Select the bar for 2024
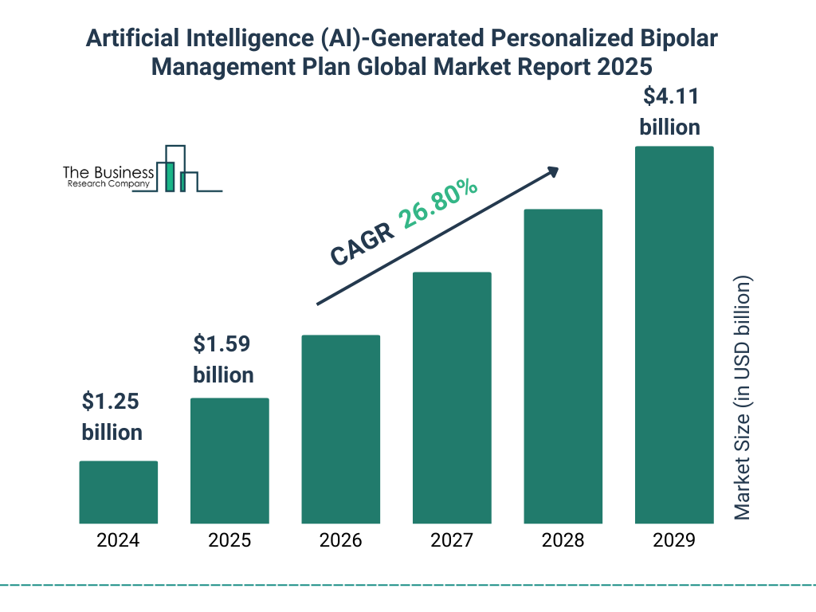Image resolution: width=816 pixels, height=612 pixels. pyautogui.click(x=118, y=492)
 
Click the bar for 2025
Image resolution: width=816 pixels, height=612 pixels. pyautogui.click(x=229, y=461)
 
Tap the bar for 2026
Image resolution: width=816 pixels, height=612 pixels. pyautogui.click(x=340, y=429)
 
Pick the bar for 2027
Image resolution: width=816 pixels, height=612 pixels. pyautogui.click(x=452, y=398)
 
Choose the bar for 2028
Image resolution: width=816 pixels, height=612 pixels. pyautogui.click(x=563, y=366)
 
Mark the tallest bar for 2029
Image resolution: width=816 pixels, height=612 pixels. pyautogui.click(x=674, y=335)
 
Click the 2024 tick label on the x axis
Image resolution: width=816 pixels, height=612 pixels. pyautogui.click(x=118, y=540)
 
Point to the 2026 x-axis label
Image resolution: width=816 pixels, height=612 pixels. pyautogui.click(x=340, y=540)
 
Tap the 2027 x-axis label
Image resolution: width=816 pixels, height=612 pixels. pyautogui.click(x=452, y=540)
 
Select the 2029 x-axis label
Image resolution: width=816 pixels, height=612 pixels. pyautogui.click(x=674, y=540)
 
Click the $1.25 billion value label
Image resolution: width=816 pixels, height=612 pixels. pyautogui.click(x=112, y=417)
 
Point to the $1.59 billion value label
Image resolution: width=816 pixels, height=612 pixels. pyautogui.click(x=223, y=359)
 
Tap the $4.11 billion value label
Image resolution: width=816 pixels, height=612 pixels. pyautogui.click(x=670, y=112)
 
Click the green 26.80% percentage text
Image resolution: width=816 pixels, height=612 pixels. pyautogui.click(x=439, y=204)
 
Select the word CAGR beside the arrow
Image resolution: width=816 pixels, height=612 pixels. pyautogui.click(x=363, y=243)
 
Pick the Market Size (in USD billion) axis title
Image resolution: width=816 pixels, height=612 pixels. pyautogui.click(x=743, y=398)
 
